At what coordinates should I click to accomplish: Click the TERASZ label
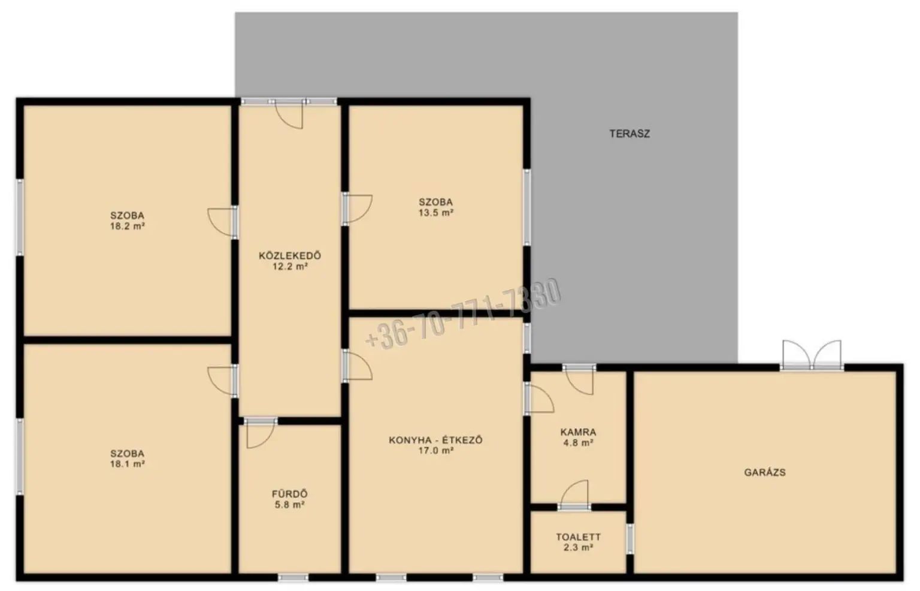click(630, 134)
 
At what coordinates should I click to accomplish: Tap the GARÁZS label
click(765, 472)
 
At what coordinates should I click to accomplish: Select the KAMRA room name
click(578, 432)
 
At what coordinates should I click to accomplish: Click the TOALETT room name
click(578, 536)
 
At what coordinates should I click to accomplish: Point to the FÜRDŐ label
click(289, 493)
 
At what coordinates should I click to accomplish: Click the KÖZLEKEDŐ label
click(289, 255)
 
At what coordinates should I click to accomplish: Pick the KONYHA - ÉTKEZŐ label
click(435, 440)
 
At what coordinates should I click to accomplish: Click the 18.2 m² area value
click(128, 226)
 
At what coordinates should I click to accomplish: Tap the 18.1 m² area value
click(128, 464)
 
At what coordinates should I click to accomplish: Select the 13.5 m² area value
click(436, 212)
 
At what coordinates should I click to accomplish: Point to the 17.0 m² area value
click(435, 450)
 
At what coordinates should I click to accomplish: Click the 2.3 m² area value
click(578, 547)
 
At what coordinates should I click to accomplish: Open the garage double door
click(812, 355)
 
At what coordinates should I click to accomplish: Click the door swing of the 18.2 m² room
click(222, 222)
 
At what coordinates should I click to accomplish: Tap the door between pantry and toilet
click(574, 495)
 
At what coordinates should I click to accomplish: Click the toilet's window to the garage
click(630, 538)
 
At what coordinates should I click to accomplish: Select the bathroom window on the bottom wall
click(293, 577)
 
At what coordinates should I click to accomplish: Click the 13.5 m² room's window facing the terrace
click(526, 207)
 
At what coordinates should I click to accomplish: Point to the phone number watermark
click(463, 314)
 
